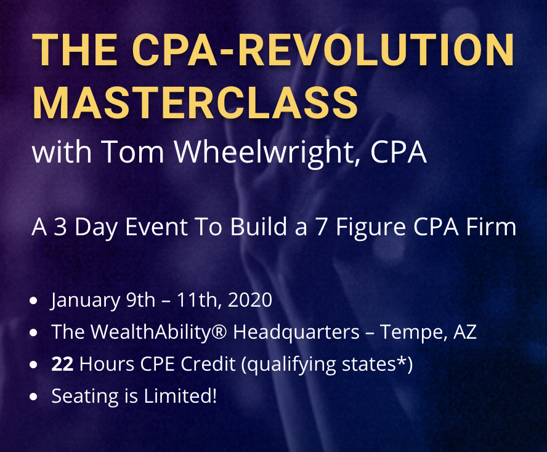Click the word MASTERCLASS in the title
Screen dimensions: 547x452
(x=195, y=103)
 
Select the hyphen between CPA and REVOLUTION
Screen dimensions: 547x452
(x=227, y=52)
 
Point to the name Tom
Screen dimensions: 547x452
(x=132, y=151)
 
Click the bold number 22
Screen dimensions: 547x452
(x=62, y=364)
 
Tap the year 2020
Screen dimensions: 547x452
(x=249, y=300)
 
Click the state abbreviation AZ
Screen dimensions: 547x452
(x=464, y=332)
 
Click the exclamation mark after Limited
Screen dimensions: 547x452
(x=214, y=396)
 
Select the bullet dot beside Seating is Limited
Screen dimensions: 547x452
(x=33, y=397)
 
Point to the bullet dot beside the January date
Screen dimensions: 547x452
(x=33, y=301)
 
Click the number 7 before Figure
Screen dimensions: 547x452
(x=322, y=227)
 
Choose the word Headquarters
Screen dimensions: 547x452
(x=296, y=333)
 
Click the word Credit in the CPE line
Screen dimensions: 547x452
(x=208, y=364)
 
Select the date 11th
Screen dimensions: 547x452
(x=198, y=300)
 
